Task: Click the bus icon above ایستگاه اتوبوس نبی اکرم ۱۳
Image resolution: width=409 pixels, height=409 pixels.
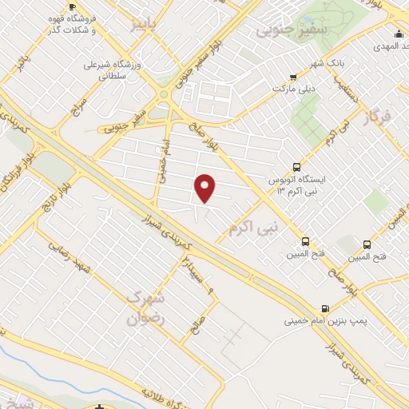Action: (x=297, y=168)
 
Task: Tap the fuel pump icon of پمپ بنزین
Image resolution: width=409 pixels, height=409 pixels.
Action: (x=324, y=309)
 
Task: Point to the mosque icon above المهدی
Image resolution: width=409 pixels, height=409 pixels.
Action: (x=398, y=33)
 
